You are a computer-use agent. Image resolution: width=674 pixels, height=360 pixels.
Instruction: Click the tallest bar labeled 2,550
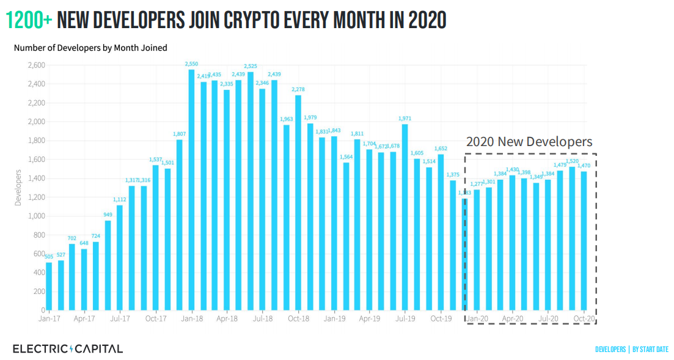pyautogui.click(x=191, y=189)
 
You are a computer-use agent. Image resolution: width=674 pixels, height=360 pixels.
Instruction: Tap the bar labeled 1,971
pyautogui.click(x=405, y=217)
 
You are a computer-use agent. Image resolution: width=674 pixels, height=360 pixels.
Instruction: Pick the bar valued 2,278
pyautogui.click(x=298, y=202)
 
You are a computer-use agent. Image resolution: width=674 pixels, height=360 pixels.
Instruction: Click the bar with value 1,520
pyautogui.click(x=572, y=238)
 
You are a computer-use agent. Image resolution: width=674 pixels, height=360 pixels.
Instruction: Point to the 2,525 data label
pyautogui.click(x=251, y=66)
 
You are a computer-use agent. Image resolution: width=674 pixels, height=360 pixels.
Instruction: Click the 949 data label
pyautogui.click(x=108, y=215)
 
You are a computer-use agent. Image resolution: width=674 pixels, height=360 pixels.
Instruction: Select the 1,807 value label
pyautogui.click(x=180, y=134)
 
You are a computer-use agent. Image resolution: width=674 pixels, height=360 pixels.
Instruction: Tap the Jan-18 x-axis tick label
pyautogui.click(x=192, y=318)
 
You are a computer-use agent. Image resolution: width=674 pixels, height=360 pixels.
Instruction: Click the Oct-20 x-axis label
pyautogui.click(x=584, y=318)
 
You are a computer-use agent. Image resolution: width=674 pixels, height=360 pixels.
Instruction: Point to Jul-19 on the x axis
pyautogui.click(x=405, y=318)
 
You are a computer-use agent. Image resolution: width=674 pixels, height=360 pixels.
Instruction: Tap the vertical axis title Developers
pyautogui.click(x=18, y=188)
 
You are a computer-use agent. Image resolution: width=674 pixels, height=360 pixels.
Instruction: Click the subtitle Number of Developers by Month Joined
pyautogui.click(x=90, y=48)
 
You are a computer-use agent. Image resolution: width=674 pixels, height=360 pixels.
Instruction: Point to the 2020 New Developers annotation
pyautogui.click(x=529, y=142)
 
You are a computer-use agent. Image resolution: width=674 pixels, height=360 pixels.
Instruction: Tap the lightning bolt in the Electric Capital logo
pyautogui.click(x=71, y=349)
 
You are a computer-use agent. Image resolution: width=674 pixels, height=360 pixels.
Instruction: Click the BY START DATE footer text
pyautogui.click(x=650, y=350)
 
